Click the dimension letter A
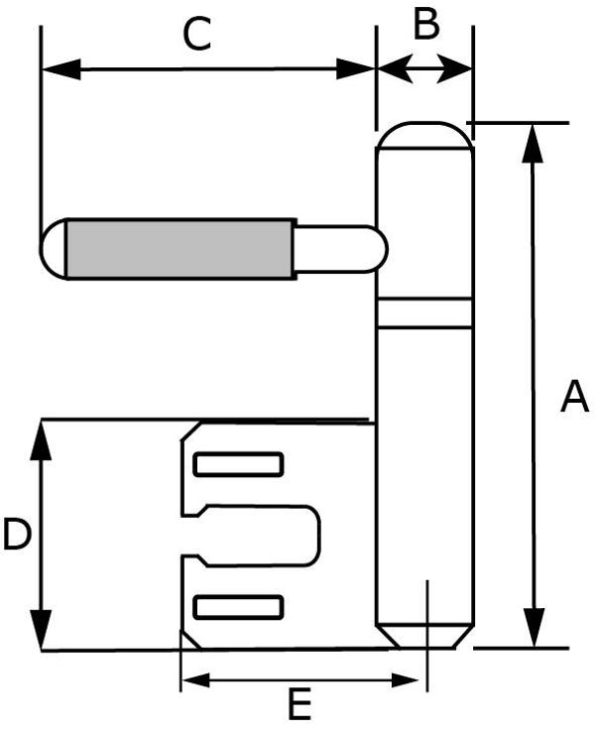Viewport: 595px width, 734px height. [574, 397]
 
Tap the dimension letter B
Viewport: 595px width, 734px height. [426, 24]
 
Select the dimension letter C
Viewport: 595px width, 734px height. [197, 34]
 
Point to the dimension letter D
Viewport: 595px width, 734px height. [17, 534]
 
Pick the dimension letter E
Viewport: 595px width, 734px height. [299, 703]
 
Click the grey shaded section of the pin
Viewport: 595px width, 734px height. [180, 249]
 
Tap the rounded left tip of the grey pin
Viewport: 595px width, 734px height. [54, 249]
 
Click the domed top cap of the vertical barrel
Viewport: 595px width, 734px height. [424, 136]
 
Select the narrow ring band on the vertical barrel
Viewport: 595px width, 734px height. [424, 312]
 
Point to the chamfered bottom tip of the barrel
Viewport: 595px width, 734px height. [424, 637]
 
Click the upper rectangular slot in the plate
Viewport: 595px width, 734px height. [238, 464]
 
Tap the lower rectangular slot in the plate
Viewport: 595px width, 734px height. [238, 607]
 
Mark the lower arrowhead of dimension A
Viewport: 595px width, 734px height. [535, 627]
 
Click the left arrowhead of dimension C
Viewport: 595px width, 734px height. [61, 69]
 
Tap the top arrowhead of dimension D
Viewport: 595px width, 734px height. [42, 440]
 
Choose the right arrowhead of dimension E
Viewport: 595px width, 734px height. [405, 680]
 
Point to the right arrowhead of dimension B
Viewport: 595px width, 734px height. [453, 69]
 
